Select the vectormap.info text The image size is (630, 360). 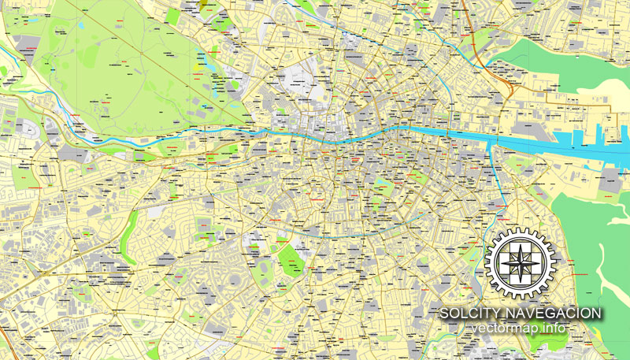(x=521, y=328)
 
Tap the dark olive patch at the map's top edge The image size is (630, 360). (x=206, y=3)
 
